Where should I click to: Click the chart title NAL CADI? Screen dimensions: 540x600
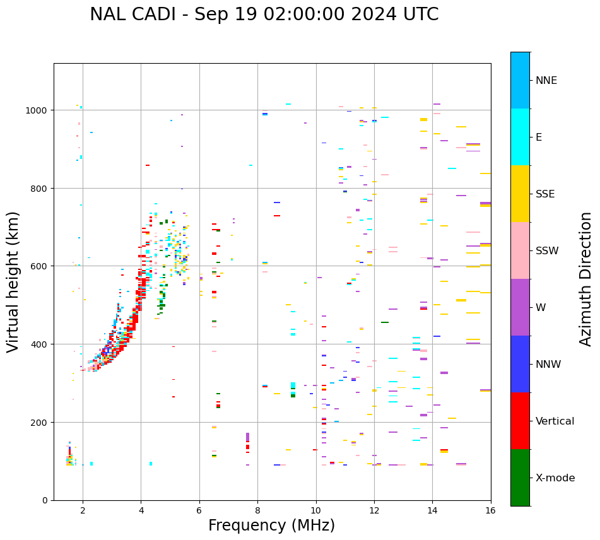(264, 15)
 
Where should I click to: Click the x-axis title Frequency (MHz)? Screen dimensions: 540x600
(271, 525)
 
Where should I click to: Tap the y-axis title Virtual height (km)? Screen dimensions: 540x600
(14, 281)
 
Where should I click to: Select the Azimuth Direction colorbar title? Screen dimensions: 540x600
(586, 279)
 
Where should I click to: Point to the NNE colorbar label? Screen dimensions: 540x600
(546, 80)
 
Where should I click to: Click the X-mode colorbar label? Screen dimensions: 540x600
(555, 478)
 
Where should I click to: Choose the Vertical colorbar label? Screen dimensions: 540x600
(555, 421)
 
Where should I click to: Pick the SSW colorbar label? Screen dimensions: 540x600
(547, 251)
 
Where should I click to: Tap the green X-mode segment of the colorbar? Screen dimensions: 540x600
(520, 478)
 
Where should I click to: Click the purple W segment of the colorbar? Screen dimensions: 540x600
(520, 307)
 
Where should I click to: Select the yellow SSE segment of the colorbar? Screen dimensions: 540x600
(520, 194)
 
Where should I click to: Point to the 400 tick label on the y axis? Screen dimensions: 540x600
(40, 344)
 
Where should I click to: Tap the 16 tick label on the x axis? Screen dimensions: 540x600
(490, 511)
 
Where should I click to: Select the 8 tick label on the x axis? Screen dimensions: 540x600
(257, 511)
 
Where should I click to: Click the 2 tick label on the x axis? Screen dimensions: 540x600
(83, 511)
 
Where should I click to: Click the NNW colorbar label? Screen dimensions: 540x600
(548, 365)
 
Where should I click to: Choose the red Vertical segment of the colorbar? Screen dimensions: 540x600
(520, 421)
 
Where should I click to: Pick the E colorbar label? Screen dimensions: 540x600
(539, 138)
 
